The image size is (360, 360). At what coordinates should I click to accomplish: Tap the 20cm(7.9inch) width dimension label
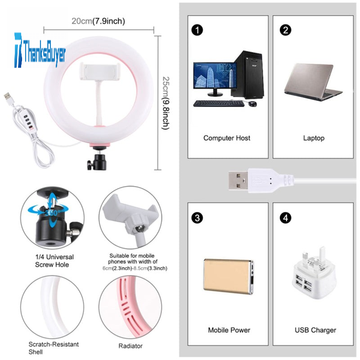[98, 21]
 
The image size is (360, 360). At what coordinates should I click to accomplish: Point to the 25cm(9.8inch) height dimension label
[166, 103]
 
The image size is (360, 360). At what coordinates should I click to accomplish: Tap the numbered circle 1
[197, 30]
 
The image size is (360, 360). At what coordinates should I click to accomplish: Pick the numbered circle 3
[197, 218]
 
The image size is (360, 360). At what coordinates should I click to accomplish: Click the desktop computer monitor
[215, 77]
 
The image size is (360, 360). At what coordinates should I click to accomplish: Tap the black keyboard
[218, 103]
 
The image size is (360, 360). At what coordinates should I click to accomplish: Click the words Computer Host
[226, 138]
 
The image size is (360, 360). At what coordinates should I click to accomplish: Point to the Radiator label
[130, 346]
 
